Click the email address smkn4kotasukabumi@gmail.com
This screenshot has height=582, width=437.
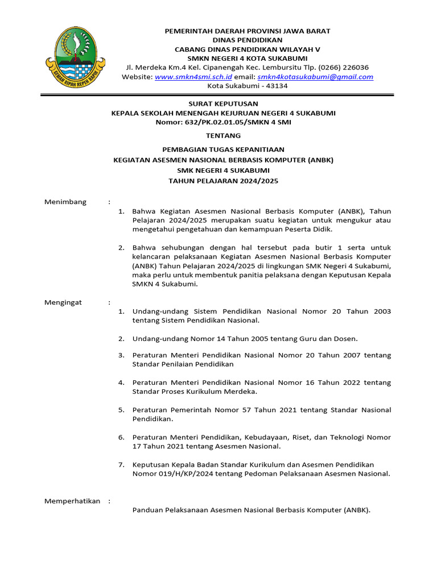pyautogui.click(x=315, y=77)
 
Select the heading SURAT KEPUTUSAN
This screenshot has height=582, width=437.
pyautogui.click(x=223, y=103)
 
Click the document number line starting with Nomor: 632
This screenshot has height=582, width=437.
pyautogui.click(x=223, y=122)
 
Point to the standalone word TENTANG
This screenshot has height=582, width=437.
pyautogui.click(x=223, y=136)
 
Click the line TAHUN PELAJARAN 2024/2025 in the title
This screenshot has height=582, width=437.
pyautogui.click(x=223, y=181)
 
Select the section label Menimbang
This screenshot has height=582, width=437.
pyautogui.click(x=65, y=202)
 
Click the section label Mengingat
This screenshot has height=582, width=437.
pyautogui.click(x=63, y=302)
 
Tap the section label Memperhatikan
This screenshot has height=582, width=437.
pyautogui.click(x=72, y=501)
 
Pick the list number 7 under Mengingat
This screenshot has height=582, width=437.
pyautogui.click(x=121, y=464)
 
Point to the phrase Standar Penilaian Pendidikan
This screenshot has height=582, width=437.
pyautogui.click(x=183, y=364)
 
